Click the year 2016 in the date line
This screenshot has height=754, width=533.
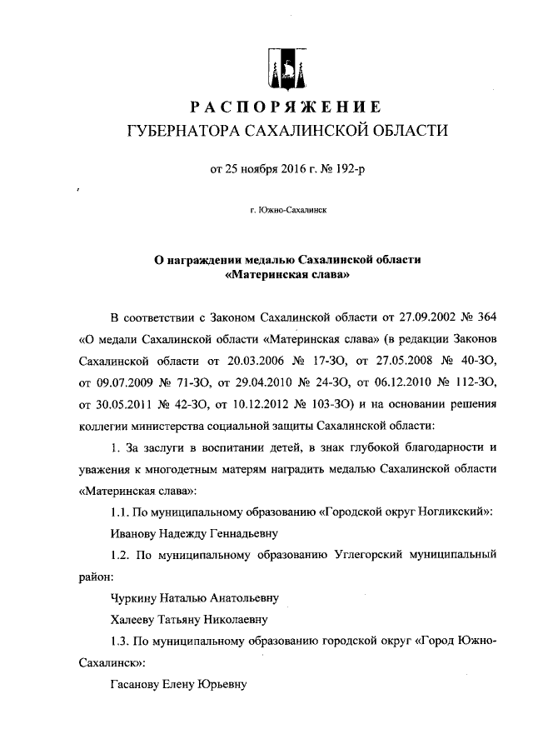tap(285, 170)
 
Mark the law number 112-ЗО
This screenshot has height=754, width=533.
tap(476, 382)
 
